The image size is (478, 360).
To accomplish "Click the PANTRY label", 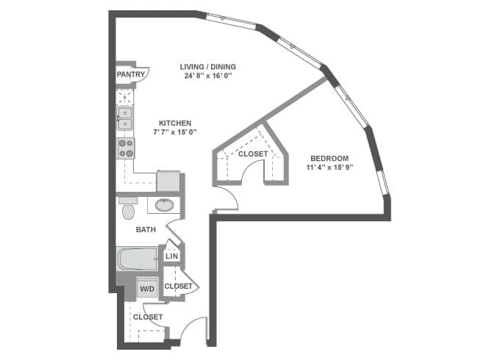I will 129,73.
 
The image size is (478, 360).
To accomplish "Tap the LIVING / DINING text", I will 208,67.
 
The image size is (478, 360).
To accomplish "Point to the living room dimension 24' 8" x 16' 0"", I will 208,76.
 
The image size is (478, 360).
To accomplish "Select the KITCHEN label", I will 175,123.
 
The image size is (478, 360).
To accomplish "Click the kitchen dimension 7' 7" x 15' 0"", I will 175,132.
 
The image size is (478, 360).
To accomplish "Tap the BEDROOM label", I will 329,158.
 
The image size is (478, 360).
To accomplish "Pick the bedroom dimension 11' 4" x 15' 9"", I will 329,168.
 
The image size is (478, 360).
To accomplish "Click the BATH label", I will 146,230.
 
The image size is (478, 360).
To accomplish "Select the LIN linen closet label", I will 171,256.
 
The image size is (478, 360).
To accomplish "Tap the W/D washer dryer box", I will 147,289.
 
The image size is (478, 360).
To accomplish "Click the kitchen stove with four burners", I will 126,148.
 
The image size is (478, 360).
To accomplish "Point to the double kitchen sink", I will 125,118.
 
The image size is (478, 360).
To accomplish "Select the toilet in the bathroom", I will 128,211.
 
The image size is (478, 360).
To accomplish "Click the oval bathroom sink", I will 165,204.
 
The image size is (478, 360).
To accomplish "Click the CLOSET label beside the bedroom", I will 253,154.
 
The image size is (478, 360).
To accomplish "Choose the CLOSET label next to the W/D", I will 178,286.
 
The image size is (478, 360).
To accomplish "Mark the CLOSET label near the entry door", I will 148,317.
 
